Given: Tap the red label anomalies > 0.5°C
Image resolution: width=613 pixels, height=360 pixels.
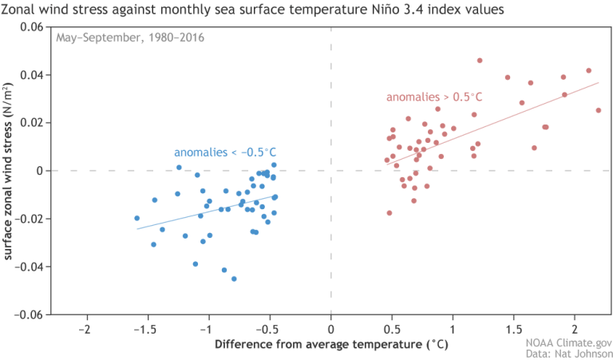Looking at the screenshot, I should pyautogui.click(x=434, y=97).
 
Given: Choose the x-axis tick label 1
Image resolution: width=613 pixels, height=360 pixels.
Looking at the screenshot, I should pyautogui.click(x=453, y=329).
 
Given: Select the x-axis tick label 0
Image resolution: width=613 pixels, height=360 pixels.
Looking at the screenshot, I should pyautogui.click(x=330, y=329).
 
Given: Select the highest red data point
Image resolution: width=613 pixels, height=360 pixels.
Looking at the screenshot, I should pyautogui.click(x=480, y=61).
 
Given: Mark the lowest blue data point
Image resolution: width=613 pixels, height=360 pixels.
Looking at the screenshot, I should pyautogui.click(x=234, y=279).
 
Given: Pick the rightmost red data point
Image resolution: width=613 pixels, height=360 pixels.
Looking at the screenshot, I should pyautogui.click(x=598, y=110).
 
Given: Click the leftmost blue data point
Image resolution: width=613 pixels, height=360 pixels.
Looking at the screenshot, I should pyautogui.click(x=136, y=218).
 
